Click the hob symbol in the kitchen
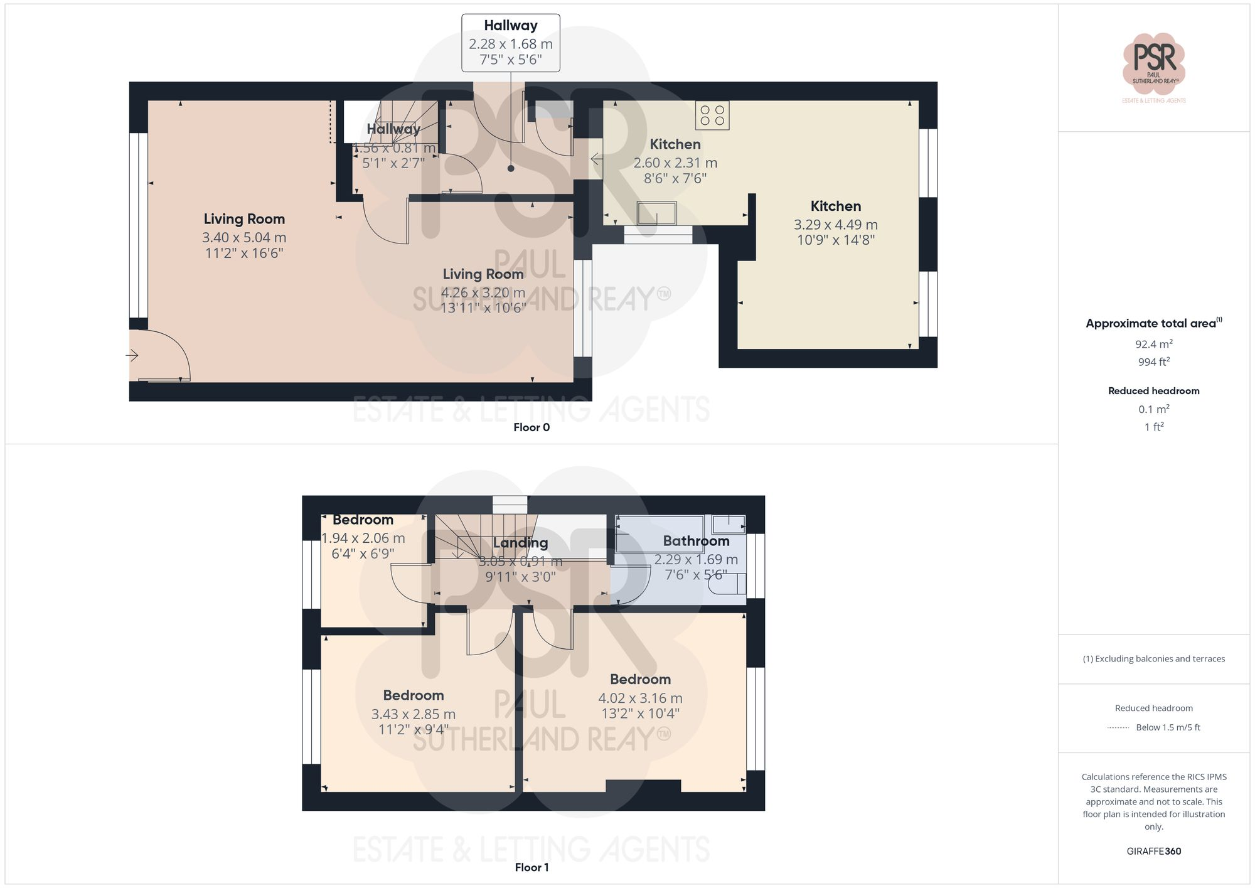(x=712, y=115)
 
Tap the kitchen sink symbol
(x=657, y=213)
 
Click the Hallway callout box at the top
(x=511, y=43)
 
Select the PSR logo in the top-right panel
(x=1154, y=63)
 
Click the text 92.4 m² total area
(x=1153, y=344)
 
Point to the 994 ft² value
(x=1153, y=362)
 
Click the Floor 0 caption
(x=531, y=427)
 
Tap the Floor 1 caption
(x=531, y=867)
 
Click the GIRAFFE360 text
(x=1153, y=851)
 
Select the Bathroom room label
(x=696, y=541)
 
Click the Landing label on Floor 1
(x=520, y=543)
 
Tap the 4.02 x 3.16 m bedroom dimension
(x=640, y=698)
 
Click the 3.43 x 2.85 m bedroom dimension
(x=413, y=714)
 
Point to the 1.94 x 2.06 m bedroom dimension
(x=363, y=538)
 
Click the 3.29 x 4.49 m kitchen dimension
(x=835, y=225)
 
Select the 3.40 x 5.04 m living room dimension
(x=244, y=238)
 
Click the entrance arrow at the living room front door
(x=132, y=356)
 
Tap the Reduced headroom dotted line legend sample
(x=1118, y=728)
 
